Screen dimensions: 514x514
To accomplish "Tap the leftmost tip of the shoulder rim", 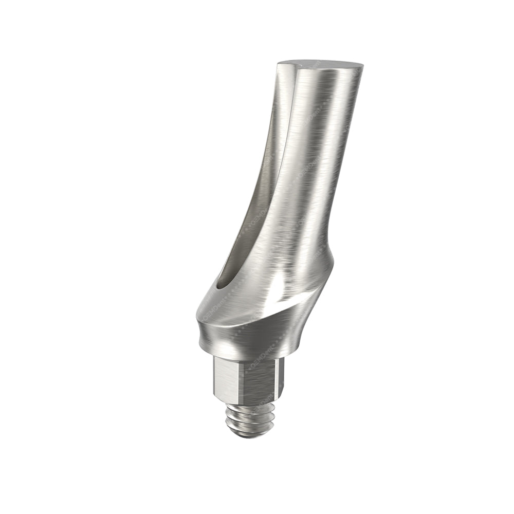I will pyautogui.click(x=196, y=314).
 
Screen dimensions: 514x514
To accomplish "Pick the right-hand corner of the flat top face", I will pyautogui.click(x=361, y=67).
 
